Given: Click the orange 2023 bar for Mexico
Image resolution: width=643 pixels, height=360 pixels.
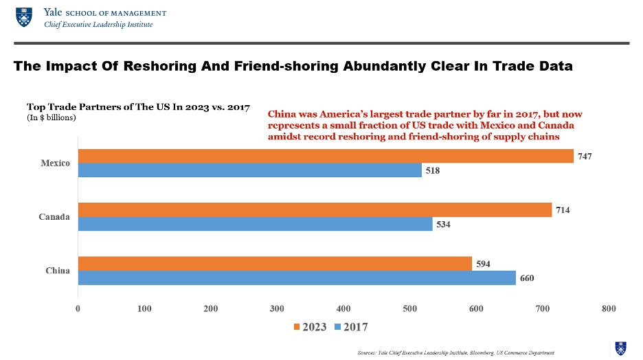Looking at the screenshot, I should click(x=326, y=157).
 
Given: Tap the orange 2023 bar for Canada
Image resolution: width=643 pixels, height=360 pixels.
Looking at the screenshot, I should click(x=315, y=210).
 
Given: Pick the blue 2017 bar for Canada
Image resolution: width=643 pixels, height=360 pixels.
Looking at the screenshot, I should click(x=255, y=224).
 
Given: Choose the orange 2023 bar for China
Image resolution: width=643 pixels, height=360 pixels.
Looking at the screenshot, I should click(x=275, y=263).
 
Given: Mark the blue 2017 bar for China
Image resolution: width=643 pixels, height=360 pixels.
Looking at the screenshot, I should click(x=297, y=278).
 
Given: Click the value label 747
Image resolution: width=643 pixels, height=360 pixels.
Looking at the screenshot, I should click(x=585, y=157).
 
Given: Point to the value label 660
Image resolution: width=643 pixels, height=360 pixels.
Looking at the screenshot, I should click(x=527, y=278).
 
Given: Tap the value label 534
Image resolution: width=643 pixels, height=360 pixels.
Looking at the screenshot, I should click(x=444, y=225).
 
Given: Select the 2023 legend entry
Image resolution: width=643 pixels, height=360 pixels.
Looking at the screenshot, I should click(x=310, y=327).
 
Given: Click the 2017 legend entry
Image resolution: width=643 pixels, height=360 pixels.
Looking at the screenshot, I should click(x=350, y=327).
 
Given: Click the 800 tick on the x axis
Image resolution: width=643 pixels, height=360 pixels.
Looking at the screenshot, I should click(x=609, y=309).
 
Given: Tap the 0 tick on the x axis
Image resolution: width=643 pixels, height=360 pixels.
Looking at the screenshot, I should click(x=78, y=309).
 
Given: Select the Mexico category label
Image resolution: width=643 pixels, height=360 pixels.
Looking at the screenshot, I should click(x=55, y=164).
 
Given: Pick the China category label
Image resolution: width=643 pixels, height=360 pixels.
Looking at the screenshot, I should click(x=58, y=270).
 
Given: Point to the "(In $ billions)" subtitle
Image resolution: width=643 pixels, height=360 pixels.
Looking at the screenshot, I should click(x=51, y=117).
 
